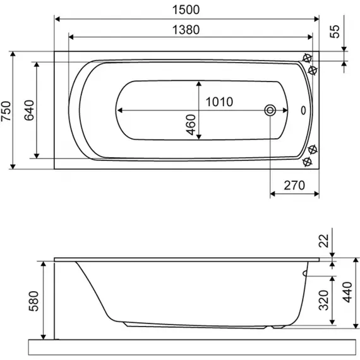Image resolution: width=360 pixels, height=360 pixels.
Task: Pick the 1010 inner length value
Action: pyautogui.click(x=219, y=102)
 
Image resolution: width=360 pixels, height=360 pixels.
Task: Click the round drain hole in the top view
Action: pyautogui.click(x=270, y=111)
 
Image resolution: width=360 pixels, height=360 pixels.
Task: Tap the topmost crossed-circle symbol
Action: pyautogui.click(x=308, y=59)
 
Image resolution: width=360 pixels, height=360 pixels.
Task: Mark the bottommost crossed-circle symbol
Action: pyautogui.click(x=308, y=162)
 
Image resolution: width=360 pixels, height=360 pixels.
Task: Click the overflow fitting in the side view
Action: pyautogui.click(x=305, y=273)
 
